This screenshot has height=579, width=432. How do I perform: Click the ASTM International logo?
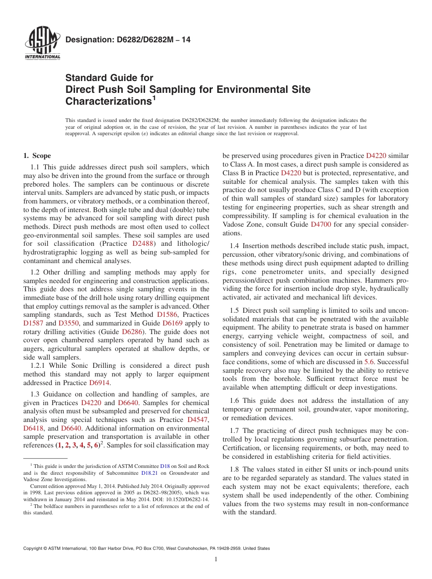[x=42, y=44]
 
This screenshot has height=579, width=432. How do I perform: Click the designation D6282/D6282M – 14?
[x=128, y=40]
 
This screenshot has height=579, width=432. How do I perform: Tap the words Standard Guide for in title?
[x=109, y=78]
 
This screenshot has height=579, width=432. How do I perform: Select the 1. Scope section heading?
[x=37, y=156]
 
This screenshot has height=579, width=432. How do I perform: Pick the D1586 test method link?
[x=166, y=315]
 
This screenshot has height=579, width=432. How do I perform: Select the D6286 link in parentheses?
[x=132, y=332]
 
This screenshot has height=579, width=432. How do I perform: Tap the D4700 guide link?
[x=321, y=224]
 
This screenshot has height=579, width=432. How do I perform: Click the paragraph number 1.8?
[x=234, y=469]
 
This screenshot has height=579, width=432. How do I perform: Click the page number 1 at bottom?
[x=216, y=559]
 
